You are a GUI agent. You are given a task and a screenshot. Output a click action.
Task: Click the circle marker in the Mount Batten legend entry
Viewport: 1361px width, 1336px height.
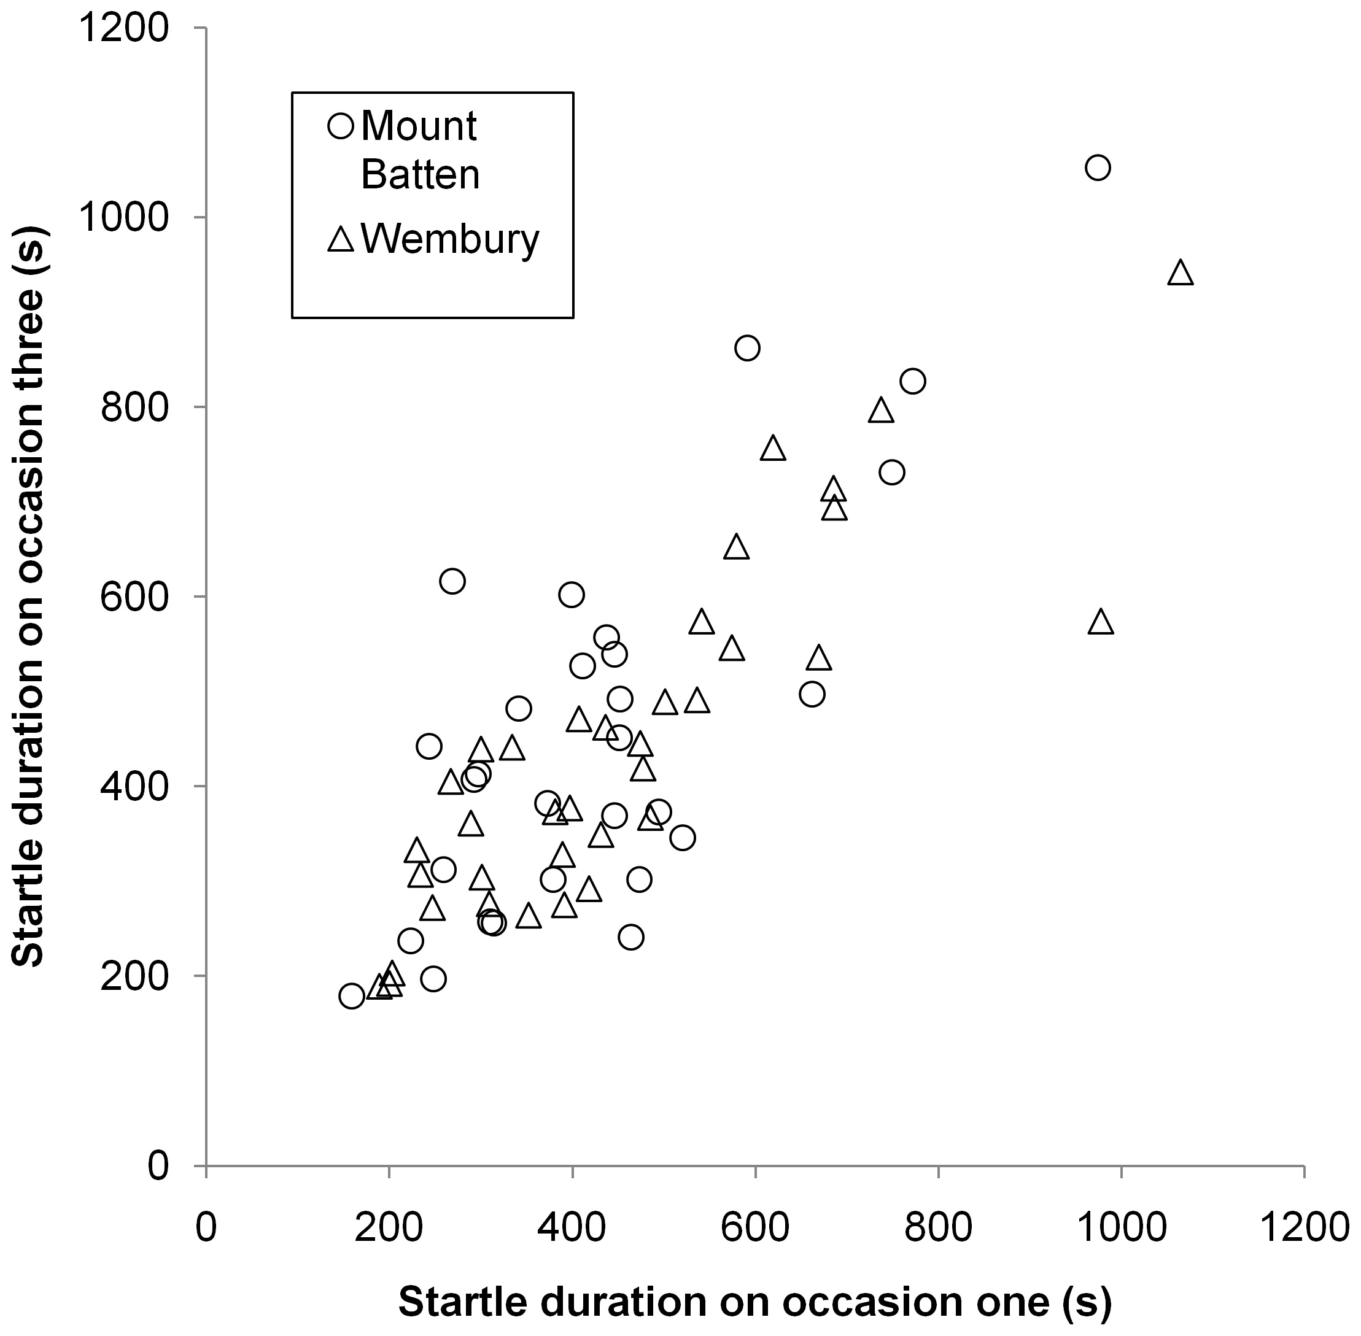click(x=341, y=126)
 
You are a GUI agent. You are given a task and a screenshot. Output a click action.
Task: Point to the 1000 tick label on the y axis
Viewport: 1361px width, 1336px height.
click(x=123, y=217)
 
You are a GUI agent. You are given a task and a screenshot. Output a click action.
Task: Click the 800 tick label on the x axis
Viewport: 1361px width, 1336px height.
click(x=939, y=1227)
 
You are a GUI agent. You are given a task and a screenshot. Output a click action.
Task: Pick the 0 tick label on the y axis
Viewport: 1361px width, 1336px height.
click(x=158, y=1166)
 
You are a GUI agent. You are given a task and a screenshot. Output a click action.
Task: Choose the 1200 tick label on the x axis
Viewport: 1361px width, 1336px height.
click(x=1304, y=1227)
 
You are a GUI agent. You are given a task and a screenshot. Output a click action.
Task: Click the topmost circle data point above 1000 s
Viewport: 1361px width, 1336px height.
click(x=1097, y=168)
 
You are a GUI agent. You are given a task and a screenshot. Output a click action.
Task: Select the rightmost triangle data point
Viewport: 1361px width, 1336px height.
click(x=1180, y=273)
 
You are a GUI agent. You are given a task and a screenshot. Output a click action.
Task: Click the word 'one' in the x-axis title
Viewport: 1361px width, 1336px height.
click(x=1010, y=1302)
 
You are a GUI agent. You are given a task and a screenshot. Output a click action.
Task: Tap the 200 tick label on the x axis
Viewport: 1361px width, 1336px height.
click(x=388, y=1227)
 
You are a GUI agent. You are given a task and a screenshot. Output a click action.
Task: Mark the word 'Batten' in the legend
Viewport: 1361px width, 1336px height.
click(x=420, y=174)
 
